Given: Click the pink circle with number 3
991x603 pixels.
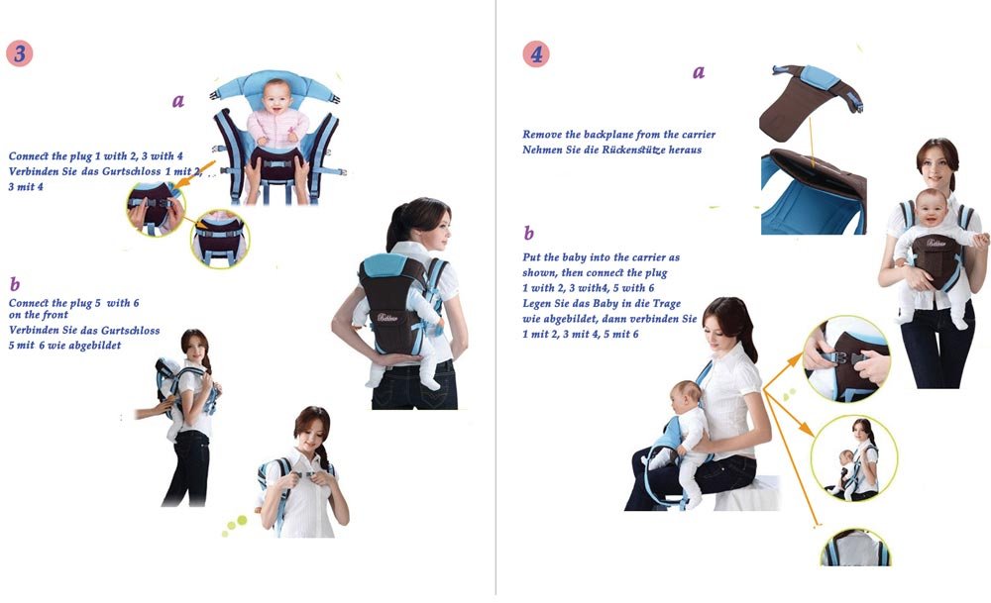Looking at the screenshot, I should (x=19, y=52).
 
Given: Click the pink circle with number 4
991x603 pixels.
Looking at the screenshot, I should (x=536, y=53).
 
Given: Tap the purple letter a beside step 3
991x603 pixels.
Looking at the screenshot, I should (x=178, y=101).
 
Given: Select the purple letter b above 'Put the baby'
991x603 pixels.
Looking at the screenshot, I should (x=528, y=234).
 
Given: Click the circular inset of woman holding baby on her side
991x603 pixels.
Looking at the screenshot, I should (x=853, y=457).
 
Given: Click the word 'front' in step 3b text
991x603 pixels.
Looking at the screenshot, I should (x=72, y=315).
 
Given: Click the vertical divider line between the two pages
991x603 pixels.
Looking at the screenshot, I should (x=495, y=297).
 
